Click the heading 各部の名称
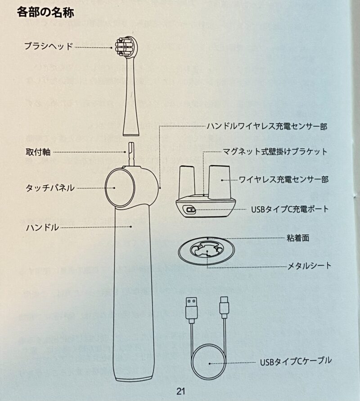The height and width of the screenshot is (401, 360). (45, 12)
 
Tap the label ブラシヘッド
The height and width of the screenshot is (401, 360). (49, 47)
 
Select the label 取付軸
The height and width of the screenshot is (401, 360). (38, 152)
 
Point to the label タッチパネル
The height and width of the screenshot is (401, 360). (50, 188)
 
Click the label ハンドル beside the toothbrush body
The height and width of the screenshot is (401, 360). (42, 227)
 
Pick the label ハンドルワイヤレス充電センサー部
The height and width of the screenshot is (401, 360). (267, 126)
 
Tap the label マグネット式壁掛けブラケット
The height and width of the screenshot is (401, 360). (275, 151)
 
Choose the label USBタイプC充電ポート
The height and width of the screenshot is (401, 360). (290, 209)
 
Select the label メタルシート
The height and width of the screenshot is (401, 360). (309, 266)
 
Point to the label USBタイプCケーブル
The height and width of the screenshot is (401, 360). (296, 361)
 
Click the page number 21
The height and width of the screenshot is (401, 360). (180, 391)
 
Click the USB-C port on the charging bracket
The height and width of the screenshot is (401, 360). (191, 210)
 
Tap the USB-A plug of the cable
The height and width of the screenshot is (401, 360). (191, 309)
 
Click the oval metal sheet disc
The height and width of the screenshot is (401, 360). (207, 251)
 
